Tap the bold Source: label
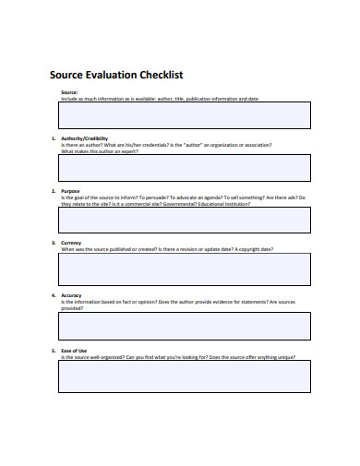(x=69, y=92)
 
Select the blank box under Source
(x=185, y=114)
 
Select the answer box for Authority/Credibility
(x=185, y=167)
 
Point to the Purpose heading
(x=71, y=191)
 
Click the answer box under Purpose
(x=185, y=220)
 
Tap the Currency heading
(x=72, y=244)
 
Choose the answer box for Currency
(x=185, y=269)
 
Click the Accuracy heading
(x=72, y=296)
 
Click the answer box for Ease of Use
(x=185, y=376)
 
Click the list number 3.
(x=54, y=244)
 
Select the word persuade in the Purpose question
(x=155, y=197)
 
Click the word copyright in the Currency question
(x=254, y=249)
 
